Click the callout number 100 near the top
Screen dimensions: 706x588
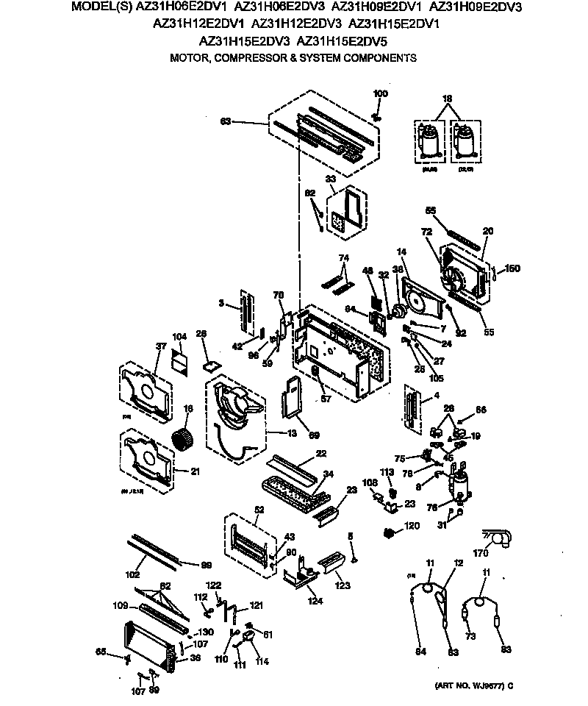pos(380,93)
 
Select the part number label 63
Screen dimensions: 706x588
pos(226,121)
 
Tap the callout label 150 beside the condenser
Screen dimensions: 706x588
pos(512,268)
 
